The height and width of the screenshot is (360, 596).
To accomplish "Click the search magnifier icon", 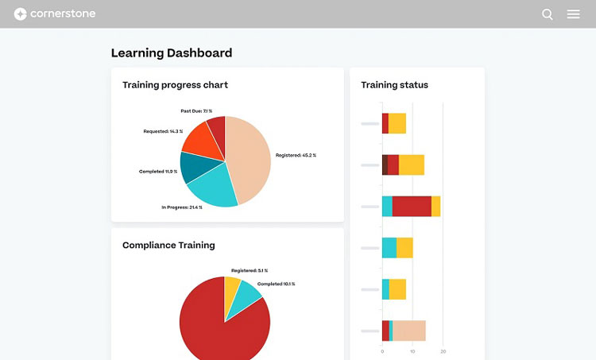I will coord(547,14).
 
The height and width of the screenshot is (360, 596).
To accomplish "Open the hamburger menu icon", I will coord(573,14).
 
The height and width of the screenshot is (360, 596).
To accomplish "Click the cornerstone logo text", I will coord(63,14).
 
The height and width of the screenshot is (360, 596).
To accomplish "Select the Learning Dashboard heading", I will coord(172,53).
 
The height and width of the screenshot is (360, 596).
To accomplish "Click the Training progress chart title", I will coord(175,85).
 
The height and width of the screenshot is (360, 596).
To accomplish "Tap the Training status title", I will coord(394,85).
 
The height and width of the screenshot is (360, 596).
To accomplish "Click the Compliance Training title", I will coord(168,246).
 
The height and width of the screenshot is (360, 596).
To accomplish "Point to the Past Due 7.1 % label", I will coord(196,111).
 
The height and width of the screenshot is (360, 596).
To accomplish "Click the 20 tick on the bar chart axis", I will coord(443,350).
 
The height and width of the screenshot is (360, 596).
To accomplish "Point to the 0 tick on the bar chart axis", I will coord(382,350).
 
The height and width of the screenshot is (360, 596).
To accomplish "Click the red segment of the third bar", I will coord(412,207).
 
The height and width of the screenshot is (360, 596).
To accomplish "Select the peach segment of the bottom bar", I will coord(409,331).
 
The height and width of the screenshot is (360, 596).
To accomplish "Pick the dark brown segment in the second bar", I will coord(385,165).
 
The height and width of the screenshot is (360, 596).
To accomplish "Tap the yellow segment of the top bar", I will coord(397,123).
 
